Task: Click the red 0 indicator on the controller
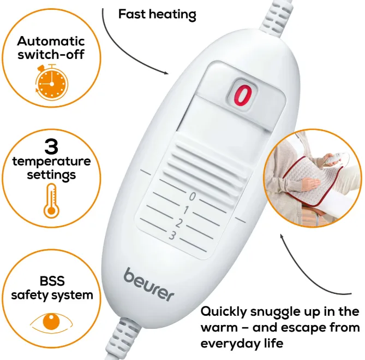click(x=243, y=95)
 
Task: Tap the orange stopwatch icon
click(x=52, y=82)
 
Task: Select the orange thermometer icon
click(x=51, y=201)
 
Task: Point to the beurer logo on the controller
click(x=149, y=285)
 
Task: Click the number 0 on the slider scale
click(x=192, y=196)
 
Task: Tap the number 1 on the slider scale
click(x=186, y=210)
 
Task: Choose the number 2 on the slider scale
click(x=179, y=223)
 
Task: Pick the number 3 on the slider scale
click(x=172, y=236)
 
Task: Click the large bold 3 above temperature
click(x=51, y=146)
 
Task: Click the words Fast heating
click(x=157, y=14)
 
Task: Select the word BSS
click(x=52, y=281)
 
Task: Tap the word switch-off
click(x=51, y=55)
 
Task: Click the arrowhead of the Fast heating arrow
click(x=166, y=73)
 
